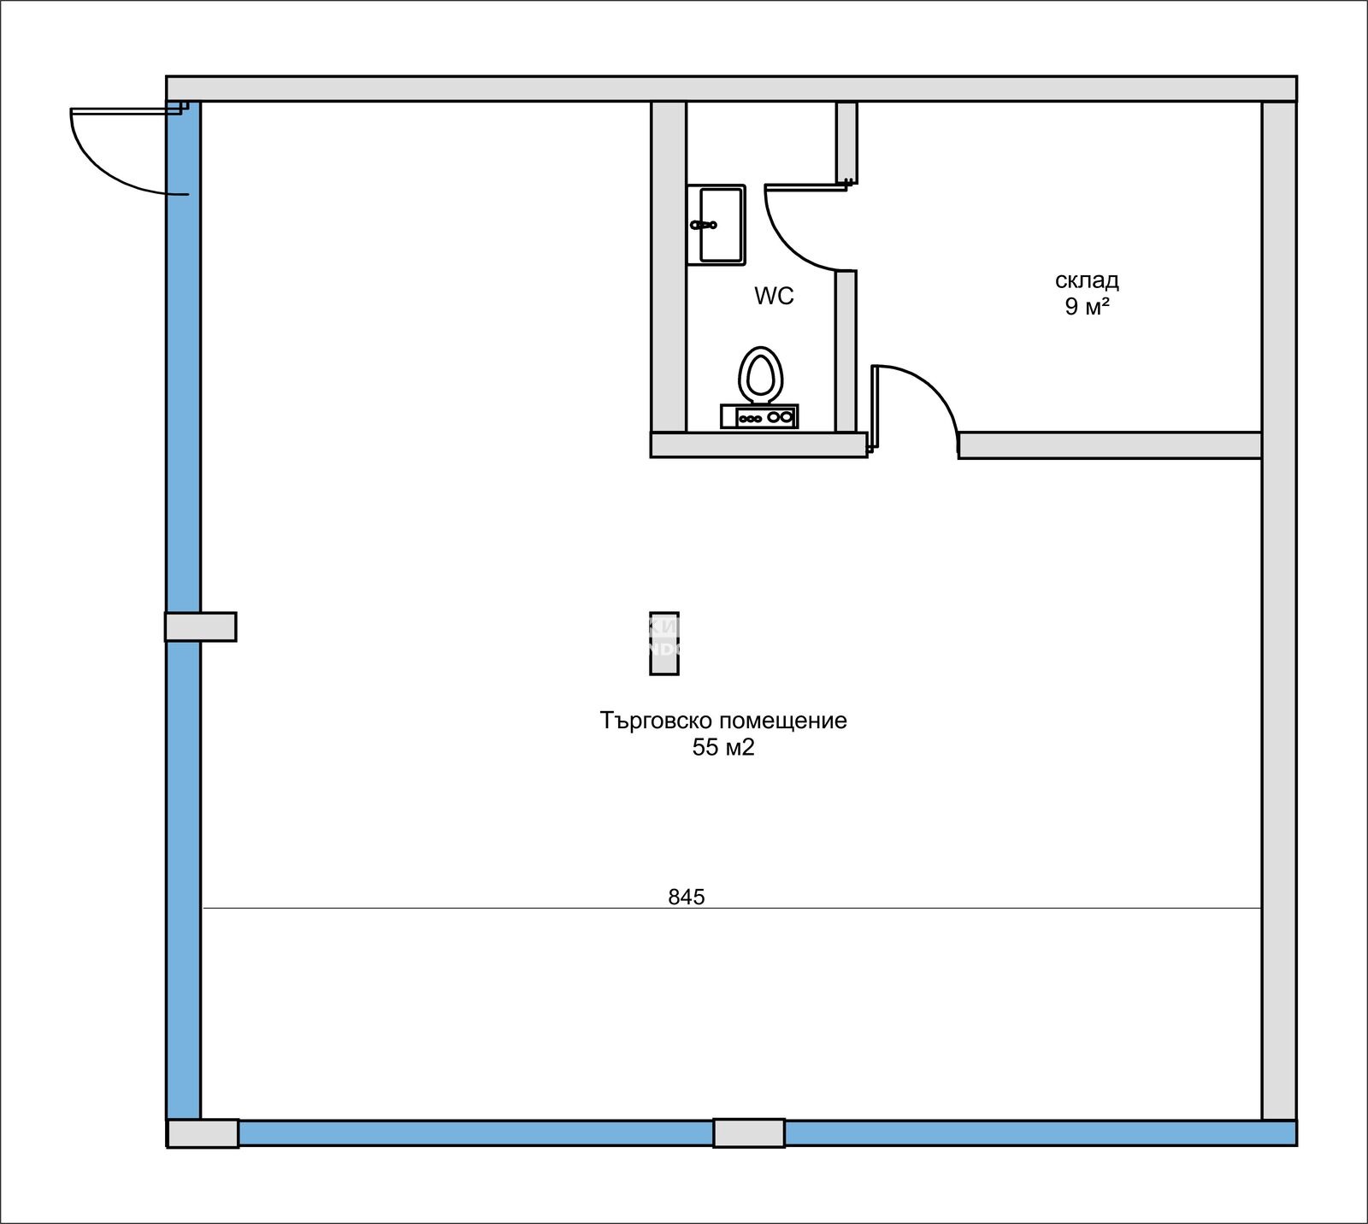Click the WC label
774,296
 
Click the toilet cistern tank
759,416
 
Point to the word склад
1087,280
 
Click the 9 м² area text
1087,307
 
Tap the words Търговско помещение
723,721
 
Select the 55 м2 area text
723,748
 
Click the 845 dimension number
687,897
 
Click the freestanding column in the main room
664,644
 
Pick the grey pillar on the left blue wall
201,627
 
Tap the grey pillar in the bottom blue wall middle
749,1133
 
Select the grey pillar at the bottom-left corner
203,1133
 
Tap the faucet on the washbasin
703,225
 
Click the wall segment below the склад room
1110,445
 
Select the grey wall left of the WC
669,267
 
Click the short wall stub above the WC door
846,142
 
